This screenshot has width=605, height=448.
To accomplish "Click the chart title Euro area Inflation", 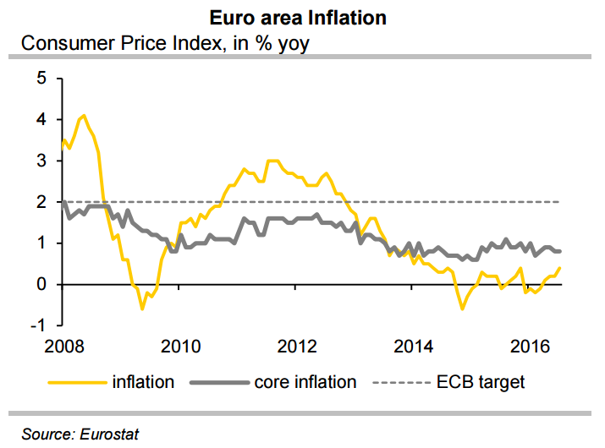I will pyautogui.click(x=301, y=17).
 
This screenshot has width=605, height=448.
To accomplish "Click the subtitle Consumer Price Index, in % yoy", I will pyautogui.click(x=165, y=42).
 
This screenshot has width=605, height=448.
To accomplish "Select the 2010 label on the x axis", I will pyautogui.click(x=180, y=346).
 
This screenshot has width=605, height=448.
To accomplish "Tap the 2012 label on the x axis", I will pyautogui.click(x=297, y=346).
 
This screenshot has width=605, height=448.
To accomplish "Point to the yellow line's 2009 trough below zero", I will pyautogui.click(x=142, y=309).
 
